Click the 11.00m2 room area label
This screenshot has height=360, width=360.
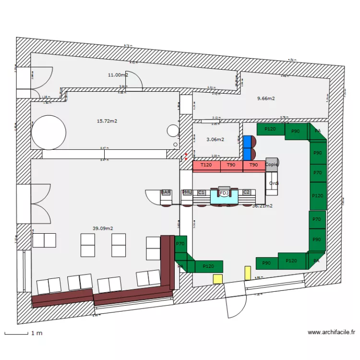118,75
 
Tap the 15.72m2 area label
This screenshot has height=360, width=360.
107,121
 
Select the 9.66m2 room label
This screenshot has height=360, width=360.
265,98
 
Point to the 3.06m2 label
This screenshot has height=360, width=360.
215,140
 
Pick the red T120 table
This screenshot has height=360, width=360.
206,166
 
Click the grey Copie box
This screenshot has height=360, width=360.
272,164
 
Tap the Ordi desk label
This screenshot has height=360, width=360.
274,183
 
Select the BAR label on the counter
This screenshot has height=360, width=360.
166,192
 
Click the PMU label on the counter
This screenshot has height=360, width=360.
187,192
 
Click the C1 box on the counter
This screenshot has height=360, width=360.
202,192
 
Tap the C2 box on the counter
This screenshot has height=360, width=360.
247,192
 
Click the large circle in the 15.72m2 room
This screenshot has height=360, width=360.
48,132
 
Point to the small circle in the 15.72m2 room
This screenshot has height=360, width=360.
172,130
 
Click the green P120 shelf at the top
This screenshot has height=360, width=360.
271,129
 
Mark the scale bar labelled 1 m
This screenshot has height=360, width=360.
16,333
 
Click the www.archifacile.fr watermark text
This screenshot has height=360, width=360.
331,332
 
